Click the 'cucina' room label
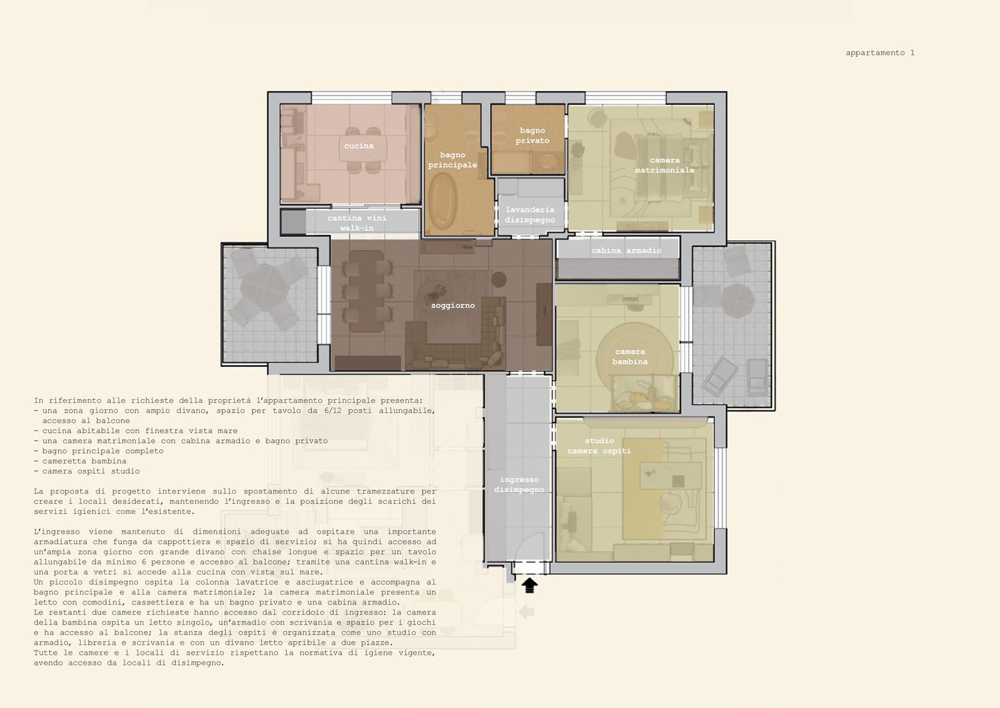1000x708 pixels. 359,145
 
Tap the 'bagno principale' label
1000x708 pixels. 453,160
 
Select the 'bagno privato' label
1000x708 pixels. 532,135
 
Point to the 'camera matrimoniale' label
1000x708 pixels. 665,165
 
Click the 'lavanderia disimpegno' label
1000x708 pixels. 530,215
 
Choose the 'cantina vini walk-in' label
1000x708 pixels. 357,223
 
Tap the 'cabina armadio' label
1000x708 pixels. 627,250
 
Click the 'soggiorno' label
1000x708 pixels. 453,305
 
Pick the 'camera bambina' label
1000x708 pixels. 630,357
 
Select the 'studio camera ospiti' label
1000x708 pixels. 599,446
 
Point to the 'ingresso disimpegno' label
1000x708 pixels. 519,484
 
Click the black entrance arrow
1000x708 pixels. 529,585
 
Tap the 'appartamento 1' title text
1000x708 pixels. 880,53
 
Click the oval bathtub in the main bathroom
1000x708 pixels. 443,200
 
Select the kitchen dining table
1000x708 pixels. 363,148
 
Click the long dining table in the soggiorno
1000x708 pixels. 366,291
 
